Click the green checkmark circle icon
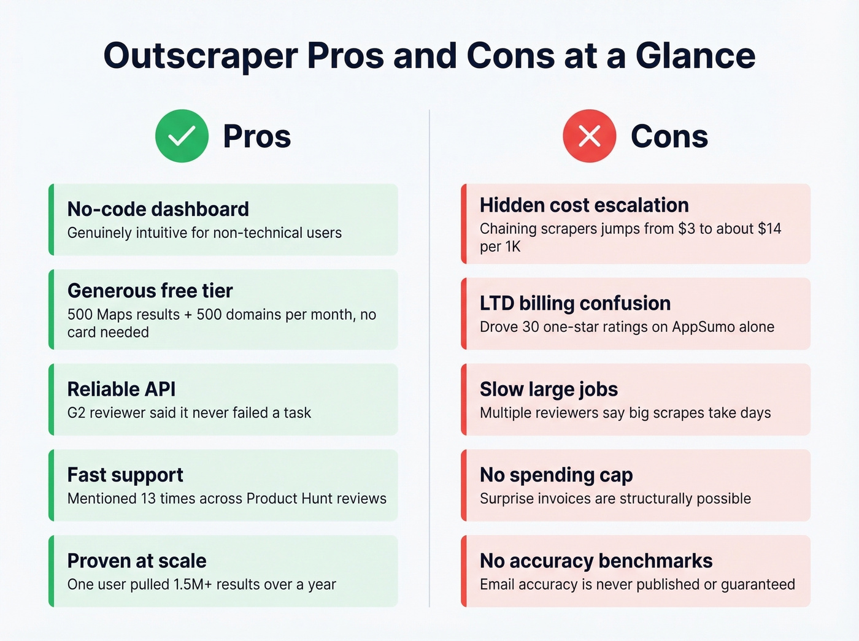tap(182, 136)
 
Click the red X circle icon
tap(589, 136)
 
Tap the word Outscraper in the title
tap(201, 56)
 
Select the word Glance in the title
tap(695, 56)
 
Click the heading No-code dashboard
tap(158, 209)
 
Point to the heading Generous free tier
tap(150, 290)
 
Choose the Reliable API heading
tap(121, 389)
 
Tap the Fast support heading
tap(125, 475)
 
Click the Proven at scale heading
tap(136, 561)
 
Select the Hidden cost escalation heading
tap(584, 205)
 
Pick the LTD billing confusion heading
tap(575, 303)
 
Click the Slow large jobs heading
tap(549, 389)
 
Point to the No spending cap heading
tap(556, 475)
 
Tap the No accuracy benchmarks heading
tap(596, 561)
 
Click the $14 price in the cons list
tap(769, 229)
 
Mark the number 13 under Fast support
tap(148, 499)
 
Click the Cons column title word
tap(669, 136)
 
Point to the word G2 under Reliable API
tap(76, 413)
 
